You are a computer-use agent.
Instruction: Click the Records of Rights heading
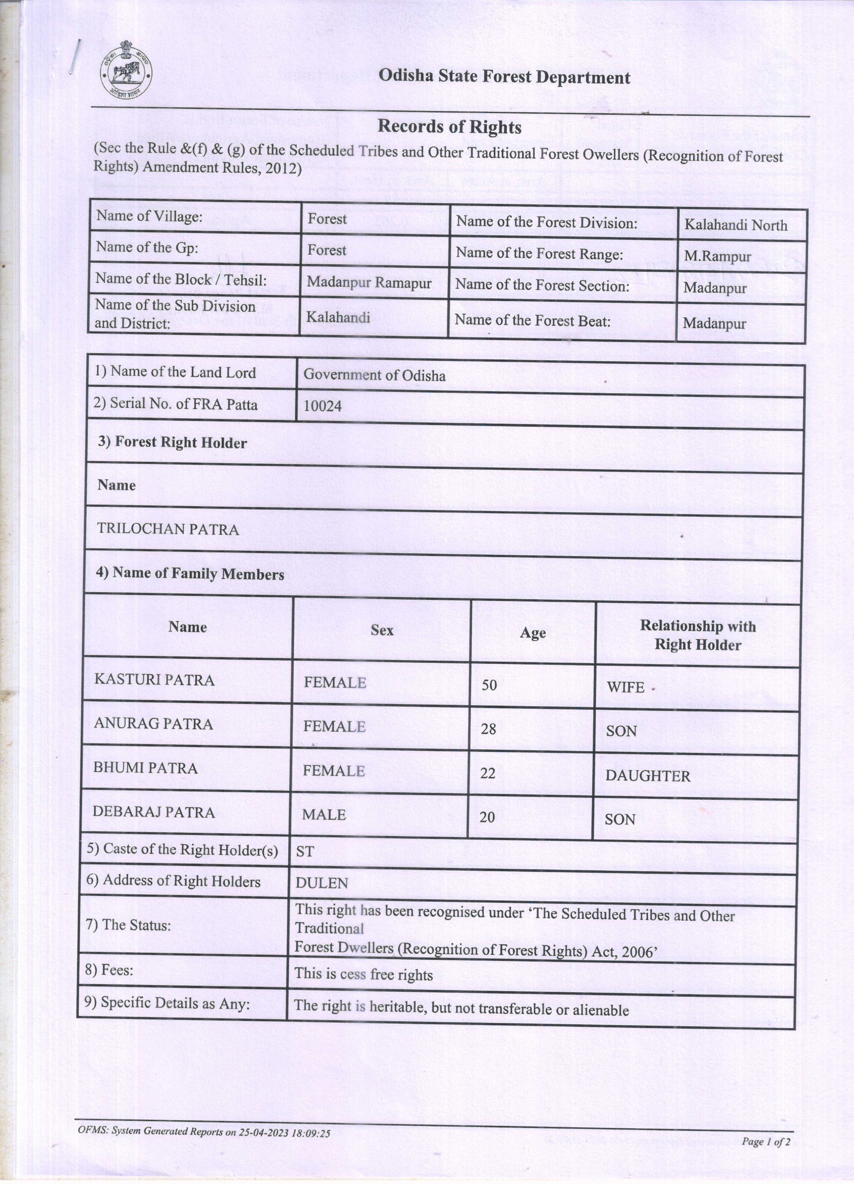point(449,127)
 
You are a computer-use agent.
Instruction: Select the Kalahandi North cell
point(735,225)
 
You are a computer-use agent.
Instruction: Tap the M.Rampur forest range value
point(717,256)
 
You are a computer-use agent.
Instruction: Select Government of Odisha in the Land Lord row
point(375,375)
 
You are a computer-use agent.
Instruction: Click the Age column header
point(532,633)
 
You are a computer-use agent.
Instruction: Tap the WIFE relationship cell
point(625,687)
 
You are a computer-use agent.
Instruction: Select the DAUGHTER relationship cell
point(648,776)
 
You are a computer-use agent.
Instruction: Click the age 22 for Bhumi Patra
point(487,773)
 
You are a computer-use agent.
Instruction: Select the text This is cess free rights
point(363,975)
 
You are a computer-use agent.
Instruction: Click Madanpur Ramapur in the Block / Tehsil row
point(369,283)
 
